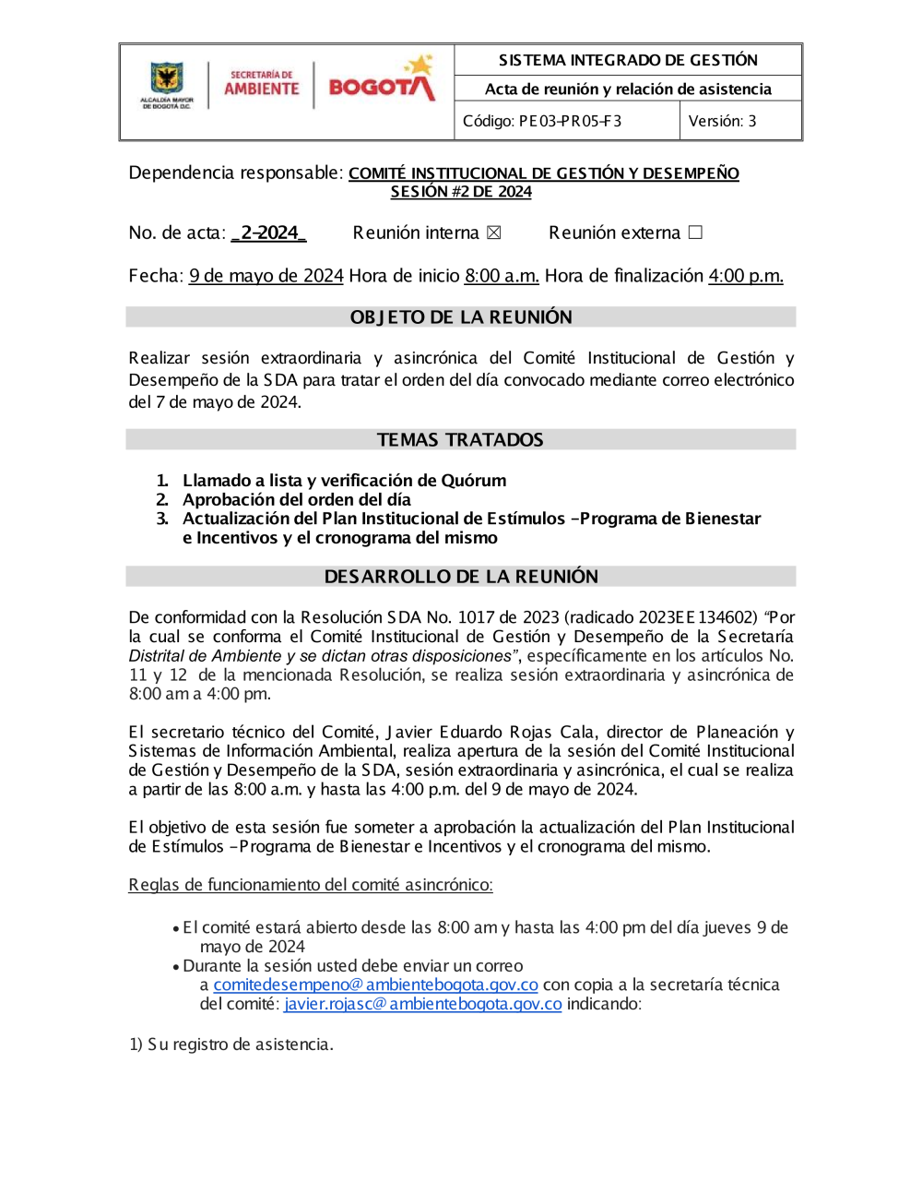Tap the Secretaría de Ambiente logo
coord(262,84)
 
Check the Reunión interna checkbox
coord(494,233)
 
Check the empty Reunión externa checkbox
coord(695,233)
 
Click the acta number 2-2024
coord(268,233)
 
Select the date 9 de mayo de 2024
coord(266,276)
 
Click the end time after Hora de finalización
coord(745,276)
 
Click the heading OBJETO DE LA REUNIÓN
coord(461,317)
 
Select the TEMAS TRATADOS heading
coord(460,440)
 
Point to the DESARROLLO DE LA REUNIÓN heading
coord(461,577)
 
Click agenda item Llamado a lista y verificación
coord(344,481)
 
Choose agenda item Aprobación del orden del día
coord(296,500)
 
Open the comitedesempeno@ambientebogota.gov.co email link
coord(375,985)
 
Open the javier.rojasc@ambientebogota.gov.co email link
coord(422,1004)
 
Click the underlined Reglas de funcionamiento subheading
coord(311,885)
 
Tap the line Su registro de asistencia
coord(231,1045)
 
